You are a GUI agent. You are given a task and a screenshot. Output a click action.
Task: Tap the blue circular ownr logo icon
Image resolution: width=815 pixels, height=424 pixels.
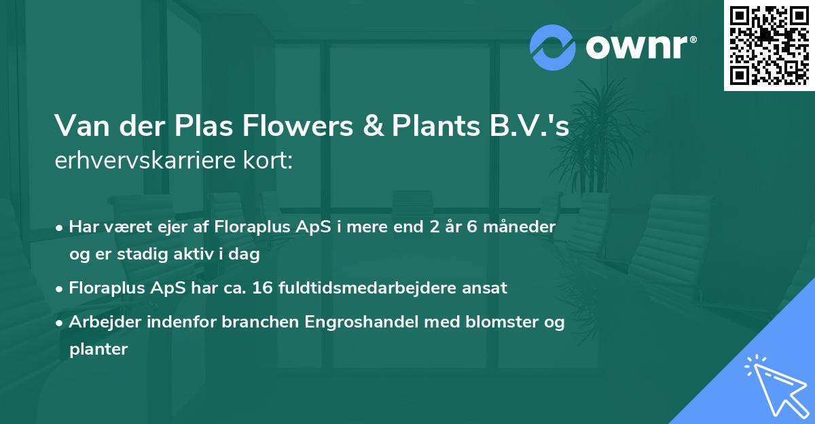[x=552, y=47]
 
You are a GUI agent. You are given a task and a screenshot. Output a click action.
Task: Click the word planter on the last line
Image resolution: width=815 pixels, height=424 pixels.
[x=98, y=349]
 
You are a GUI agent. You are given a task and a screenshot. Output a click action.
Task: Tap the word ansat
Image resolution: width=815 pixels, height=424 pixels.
[x=485, y=288]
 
